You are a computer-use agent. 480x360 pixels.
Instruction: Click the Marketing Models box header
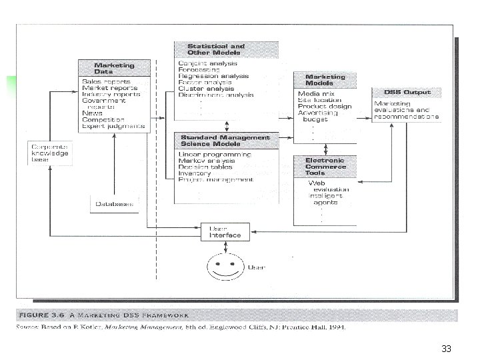coord(325,80)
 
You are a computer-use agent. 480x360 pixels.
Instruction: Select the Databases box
coord(114,204)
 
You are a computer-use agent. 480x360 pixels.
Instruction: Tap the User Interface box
coord(226,232)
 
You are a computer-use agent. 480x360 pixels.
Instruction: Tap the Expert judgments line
coord(113,125)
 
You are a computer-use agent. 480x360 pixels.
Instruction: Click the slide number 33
coord(446,349)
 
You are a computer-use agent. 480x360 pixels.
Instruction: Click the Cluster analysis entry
coord(206,88)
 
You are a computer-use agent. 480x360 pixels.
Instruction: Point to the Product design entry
coord(325,106)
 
